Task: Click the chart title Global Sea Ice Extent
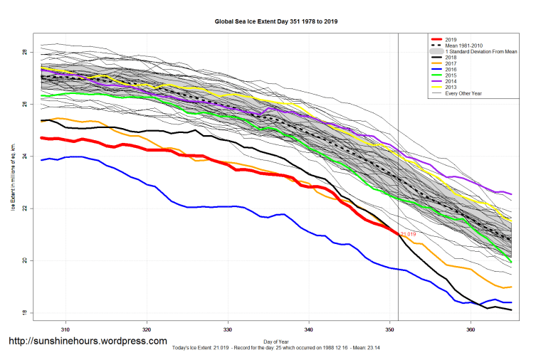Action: pos(276,22)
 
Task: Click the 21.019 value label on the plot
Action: pos(408,234)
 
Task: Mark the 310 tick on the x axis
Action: pos(65,330)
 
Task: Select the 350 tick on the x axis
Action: pos(389,330)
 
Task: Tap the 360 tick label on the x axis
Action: pos(471,330)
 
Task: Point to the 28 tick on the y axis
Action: pos(23,53)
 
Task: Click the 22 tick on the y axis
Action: pos(23,208)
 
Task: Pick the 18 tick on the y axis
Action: pos(23,313)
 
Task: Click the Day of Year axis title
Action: pos(276,341)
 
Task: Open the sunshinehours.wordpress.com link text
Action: pos(88,342)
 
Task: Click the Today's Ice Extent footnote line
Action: pos(277,349)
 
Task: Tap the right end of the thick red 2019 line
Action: pos(397,233)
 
